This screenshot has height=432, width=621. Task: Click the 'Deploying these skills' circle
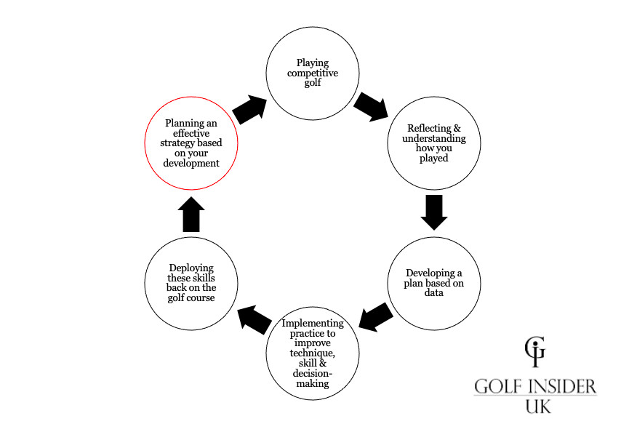pyautogui.click(x=191, y=282)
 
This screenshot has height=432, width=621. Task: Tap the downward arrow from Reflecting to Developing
pyautogui.click(x=434, y=212)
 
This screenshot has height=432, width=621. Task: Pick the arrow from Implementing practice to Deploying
pyautogui.click(x=252, y=316)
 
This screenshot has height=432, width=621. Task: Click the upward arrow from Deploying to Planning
pyautogui.click(x=191, y=213)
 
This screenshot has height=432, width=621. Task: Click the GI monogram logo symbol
pyautogui.click(x=534, y=352)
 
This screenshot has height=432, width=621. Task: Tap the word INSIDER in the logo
pyautogui.click(x=561, y=385)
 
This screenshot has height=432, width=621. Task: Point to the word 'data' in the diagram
pyautogui.click(x=434, y=293)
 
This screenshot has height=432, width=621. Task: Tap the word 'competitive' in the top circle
pyautogui.click(x=313, y=73)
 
